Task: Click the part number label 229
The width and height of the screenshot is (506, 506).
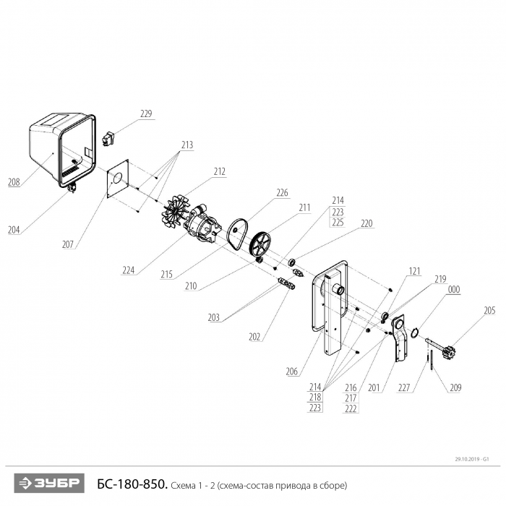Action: (x=146, y=114)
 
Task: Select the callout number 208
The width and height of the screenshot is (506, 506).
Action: (x=14, y=182)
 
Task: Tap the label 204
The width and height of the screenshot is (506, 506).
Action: (x=14, y=230)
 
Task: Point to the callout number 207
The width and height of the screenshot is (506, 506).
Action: (x=68, y=244)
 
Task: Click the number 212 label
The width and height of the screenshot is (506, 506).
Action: (x=220, y=172)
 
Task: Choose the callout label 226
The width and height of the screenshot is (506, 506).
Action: (x=282, y=193)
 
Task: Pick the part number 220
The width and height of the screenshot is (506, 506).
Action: (x=366, y=223)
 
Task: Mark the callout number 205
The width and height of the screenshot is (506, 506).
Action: (x=489, y=310)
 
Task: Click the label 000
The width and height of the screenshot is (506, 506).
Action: (x=454, y=290)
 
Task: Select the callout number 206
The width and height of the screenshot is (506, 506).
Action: (x=292, y=372)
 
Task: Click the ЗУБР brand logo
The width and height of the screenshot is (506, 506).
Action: (x=49, y=483)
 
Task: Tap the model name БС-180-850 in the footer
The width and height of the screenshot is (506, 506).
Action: (x=132, y=484)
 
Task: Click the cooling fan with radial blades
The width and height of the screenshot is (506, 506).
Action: (x=175, y=212)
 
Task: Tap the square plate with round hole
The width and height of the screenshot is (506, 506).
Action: (x=118, y=179)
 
